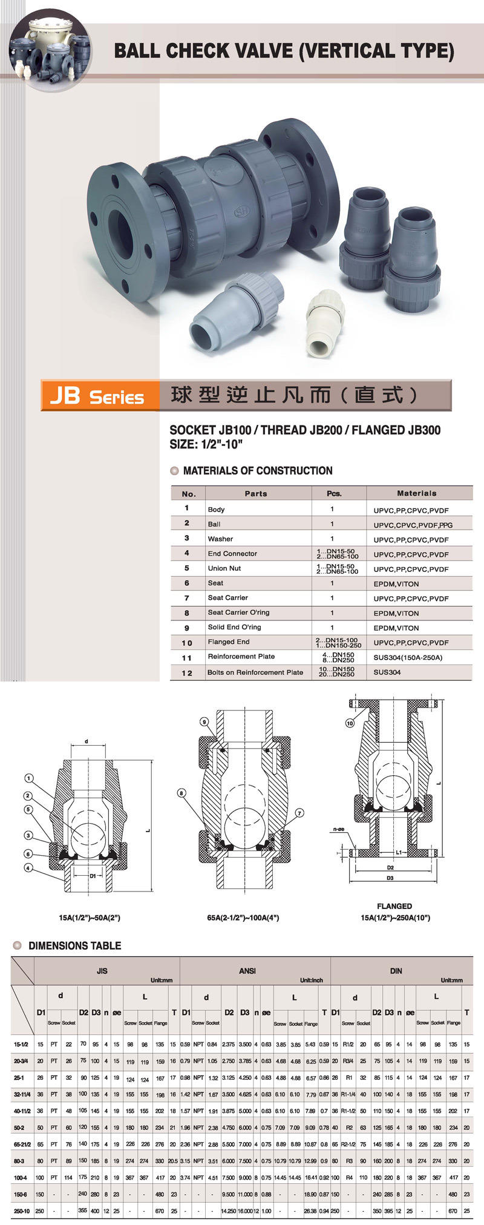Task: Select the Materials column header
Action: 416,493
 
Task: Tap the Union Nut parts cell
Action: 224,568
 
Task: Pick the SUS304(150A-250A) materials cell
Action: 408,657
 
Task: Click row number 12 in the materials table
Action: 187,672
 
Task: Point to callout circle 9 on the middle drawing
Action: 204,721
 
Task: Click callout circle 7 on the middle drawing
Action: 299,813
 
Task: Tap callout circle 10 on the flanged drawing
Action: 350,723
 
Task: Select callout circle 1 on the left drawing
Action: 28,778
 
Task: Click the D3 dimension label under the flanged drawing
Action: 390,878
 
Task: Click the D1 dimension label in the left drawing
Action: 93,876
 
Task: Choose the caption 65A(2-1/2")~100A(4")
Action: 243,918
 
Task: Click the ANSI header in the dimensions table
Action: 247,970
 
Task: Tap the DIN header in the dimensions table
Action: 396,970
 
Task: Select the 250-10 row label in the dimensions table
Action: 21,1211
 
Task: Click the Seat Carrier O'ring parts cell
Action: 238,612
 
